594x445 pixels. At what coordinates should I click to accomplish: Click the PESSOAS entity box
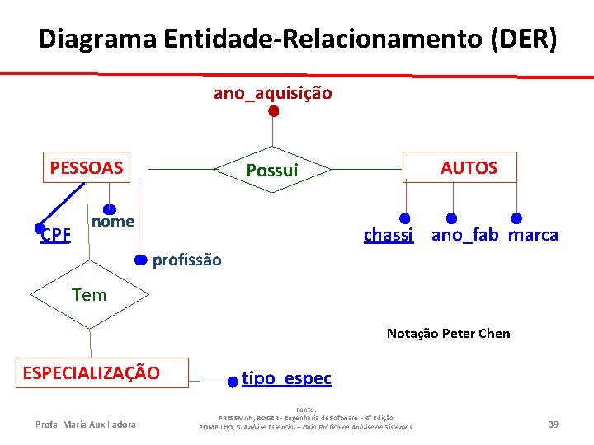(86, 168)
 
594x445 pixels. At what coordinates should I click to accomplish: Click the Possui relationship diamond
(271, 171)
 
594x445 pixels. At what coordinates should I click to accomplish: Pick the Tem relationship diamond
(88, 294)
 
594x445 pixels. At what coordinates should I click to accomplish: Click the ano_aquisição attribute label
(273, 93)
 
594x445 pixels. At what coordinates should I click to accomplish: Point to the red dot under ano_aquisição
(273, 110)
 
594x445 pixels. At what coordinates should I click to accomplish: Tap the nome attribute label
(113, 221)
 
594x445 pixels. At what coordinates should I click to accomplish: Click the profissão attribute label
(187, 260)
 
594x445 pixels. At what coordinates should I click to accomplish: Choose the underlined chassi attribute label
(389, 235)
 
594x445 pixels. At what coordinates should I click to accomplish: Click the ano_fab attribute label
(464, 235)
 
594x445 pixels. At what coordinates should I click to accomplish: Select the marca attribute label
(533, 235)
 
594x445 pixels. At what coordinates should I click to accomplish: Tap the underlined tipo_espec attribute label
(286, 378)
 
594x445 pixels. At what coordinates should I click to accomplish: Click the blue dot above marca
(516, 218)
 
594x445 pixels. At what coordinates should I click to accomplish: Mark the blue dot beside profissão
(141, 260)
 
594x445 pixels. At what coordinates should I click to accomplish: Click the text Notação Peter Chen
(448, 334)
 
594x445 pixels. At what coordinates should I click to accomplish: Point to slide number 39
(554, 424)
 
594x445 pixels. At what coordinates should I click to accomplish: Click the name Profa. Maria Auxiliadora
(86, 424)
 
